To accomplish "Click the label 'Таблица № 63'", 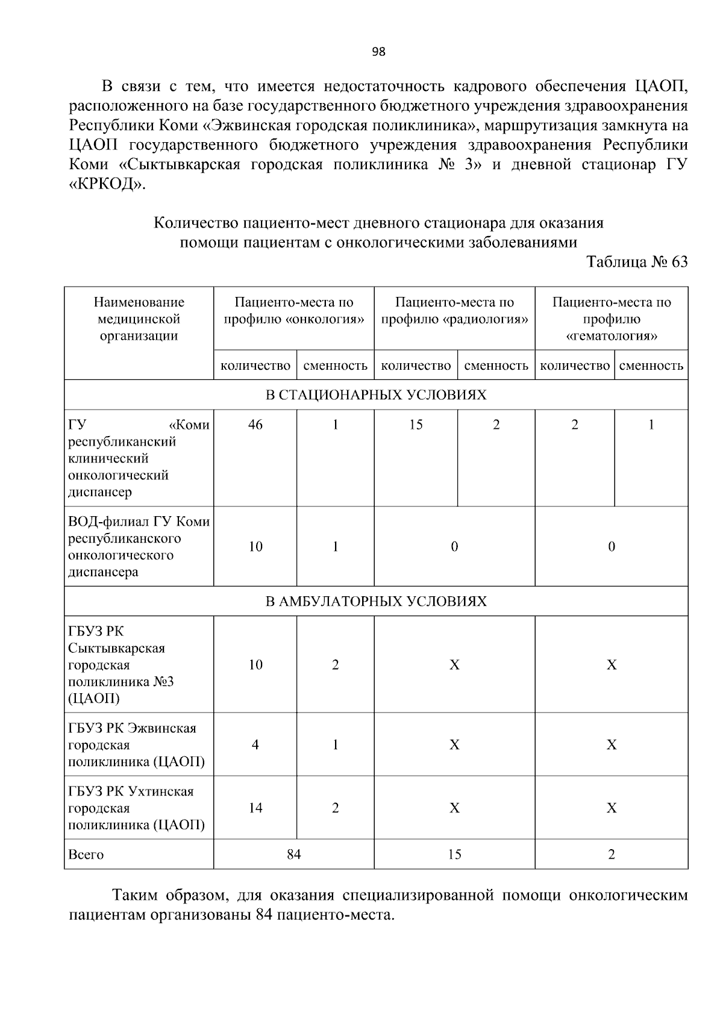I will [637, 262].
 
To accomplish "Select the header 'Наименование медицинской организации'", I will [139, 319].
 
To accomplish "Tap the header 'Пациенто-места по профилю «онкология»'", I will [294, 310].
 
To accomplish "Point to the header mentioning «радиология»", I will [454, 310].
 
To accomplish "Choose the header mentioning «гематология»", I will [612, 319].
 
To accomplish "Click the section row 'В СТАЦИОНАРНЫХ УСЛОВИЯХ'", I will [376, 395].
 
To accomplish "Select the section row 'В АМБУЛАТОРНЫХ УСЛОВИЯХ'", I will [376, 601].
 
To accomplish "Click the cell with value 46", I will [255, 425].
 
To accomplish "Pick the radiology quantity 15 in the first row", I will [416, 425].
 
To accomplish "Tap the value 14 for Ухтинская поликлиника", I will [255, 808].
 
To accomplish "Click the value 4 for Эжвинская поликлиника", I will [255, 745].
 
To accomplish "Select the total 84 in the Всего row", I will [293, 855].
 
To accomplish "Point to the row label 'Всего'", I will [86, 855].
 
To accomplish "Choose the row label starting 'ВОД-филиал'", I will [139, 546].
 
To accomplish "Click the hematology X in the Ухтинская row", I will [612, 808].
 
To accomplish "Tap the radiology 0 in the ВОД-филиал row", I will [454, 546].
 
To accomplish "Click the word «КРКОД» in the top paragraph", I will [108, 184].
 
